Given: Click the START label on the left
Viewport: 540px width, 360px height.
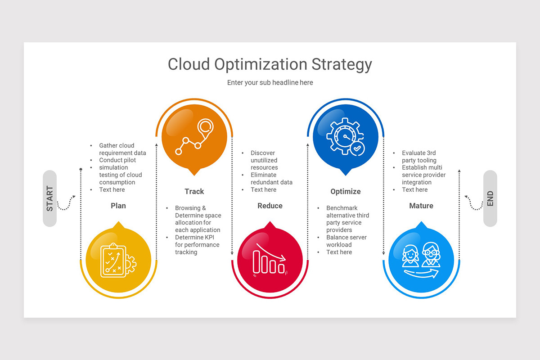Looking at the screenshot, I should [x=49, y=198].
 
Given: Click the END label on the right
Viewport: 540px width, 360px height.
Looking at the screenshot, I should [x=490, y=198].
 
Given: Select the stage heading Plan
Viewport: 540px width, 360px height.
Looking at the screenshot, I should [x=118, y=206].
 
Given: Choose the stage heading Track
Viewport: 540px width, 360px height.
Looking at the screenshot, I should [x=194, y=191].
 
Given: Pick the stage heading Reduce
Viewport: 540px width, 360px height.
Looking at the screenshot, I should [x=270, y=206].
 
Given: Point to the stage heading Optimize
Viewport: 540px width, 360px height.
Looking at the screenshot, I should [x=346, y=191].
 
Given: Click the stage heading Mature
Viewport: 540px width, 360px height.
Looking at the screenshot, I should [x=421, y=206].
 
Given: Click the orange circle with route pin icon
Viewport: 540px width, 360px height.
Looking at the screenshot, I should [x=194, y=138].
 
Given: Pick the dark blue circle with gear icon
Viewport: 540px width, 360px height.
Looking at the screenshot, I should [x=346, y=138].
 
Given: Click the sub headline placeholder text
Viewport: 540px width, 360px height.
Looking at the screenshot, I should [x=270, y=82].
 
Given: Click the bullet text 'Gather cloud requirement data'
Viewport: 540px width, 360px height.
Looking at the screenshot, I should [x=122, y=149].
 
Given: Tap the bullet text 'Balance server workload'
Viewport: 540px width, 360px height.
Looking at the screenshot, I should [x=346, y=241].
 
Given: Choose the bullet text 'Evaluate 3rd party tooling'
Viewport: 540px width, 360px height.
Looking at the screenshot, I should [x=419, y=157].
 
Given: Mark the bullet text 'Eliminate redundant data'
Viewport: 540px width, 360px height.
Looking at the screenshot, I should [x=271, y=179].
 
